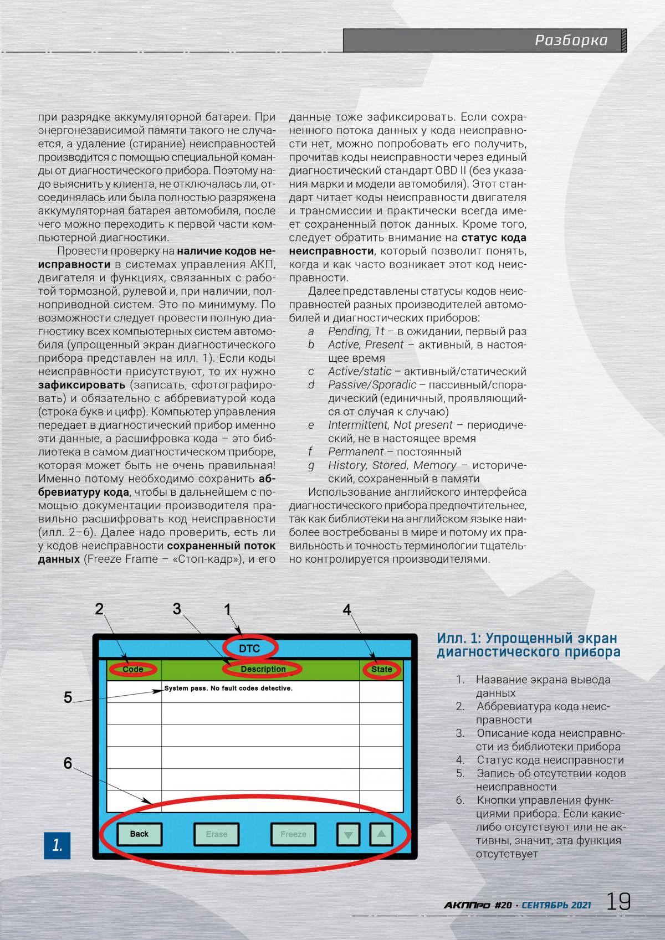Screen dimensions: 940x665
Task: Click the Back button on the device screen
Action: pos(139,834)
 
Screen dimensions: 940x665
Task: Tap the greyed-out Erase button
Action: pos(216,834)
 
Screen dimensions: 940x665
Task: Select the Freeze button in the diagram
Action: pos(293,834)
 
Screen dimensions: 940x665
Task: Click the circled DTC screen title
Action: pos(249,648)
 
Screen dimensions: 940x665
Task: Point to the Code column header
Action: pos(133,669)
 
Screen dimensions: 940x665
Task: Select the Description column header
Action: pos(263,669)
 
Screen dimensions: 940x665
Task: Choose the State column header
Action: pos(381,669)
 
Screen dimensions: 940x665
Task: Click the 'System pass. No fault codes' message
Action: pos(228,689)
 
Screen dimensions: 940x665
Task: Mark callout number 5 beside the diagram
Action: pos(68,697)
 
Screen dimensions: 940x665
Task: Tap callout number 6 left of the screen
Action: pos(68,763)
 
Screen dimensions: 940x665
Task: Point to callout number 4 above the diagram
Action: pos(347,610)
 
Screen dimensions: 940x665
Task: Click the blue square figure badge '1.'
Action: pos(57,845)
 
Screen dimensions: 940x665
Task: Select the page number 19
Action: pos(618,902)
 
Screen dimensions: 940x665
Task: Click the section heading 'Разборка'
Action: pos(571,40)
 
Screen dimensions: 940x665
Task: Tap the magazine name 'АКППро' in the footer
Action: pos(467,905)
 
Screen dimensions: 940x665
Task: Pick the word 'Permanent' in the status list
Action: pos(356,452)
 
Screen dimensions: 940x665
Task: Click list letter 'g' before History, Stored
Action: pos(311,465)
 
